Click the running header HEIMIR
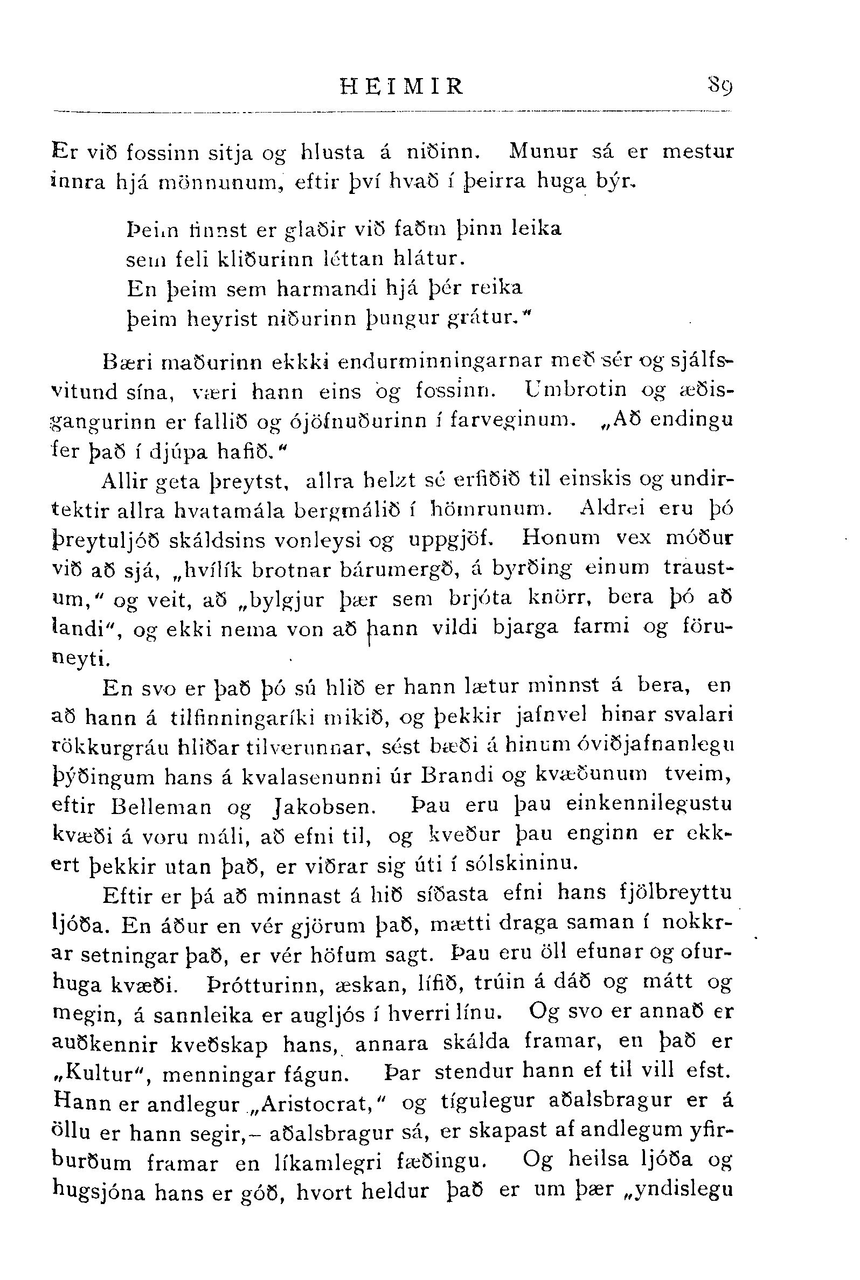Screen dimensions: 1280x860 [x=402, y=87]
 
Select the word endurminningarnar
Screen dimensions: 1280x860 [x=438, y=363]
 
